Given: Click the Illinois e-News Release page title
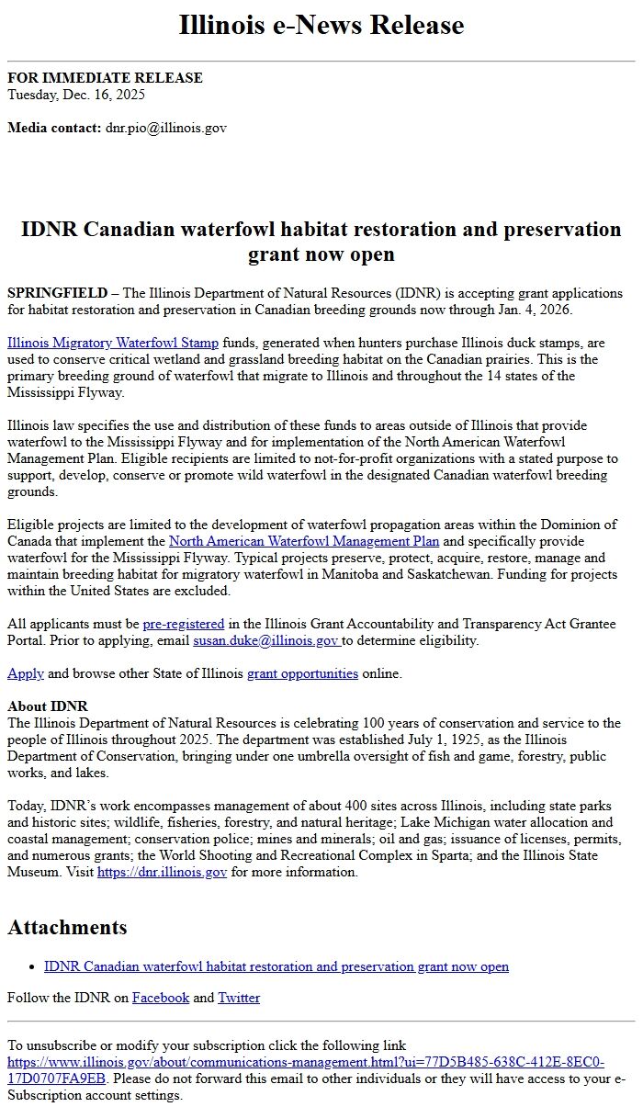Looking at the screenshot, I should point(321,25).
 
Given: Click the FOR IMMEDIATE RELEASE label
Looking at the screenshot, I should point(105,78).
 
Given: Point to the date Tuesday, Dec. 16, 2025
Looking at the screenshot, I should point(76,95).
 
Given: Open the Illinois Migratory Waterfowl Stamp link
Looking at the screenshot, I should point(113,343).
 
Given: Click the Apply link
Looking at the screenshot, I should point(26,673).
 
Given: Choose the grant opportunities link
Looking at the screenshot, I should point(302,673).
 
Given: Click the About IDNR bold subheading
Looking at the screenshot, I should point(48,706).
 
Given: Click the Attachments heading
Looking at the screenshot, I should point(67,927).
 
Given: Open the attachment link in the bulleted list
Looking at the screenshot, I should point(276,966).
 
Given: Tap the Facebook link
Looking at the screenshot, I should point(161,998).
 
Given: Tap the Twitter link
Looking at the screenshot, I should point(239,998).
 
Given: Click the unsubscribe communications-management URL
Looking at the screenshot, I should point(305,1062).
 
